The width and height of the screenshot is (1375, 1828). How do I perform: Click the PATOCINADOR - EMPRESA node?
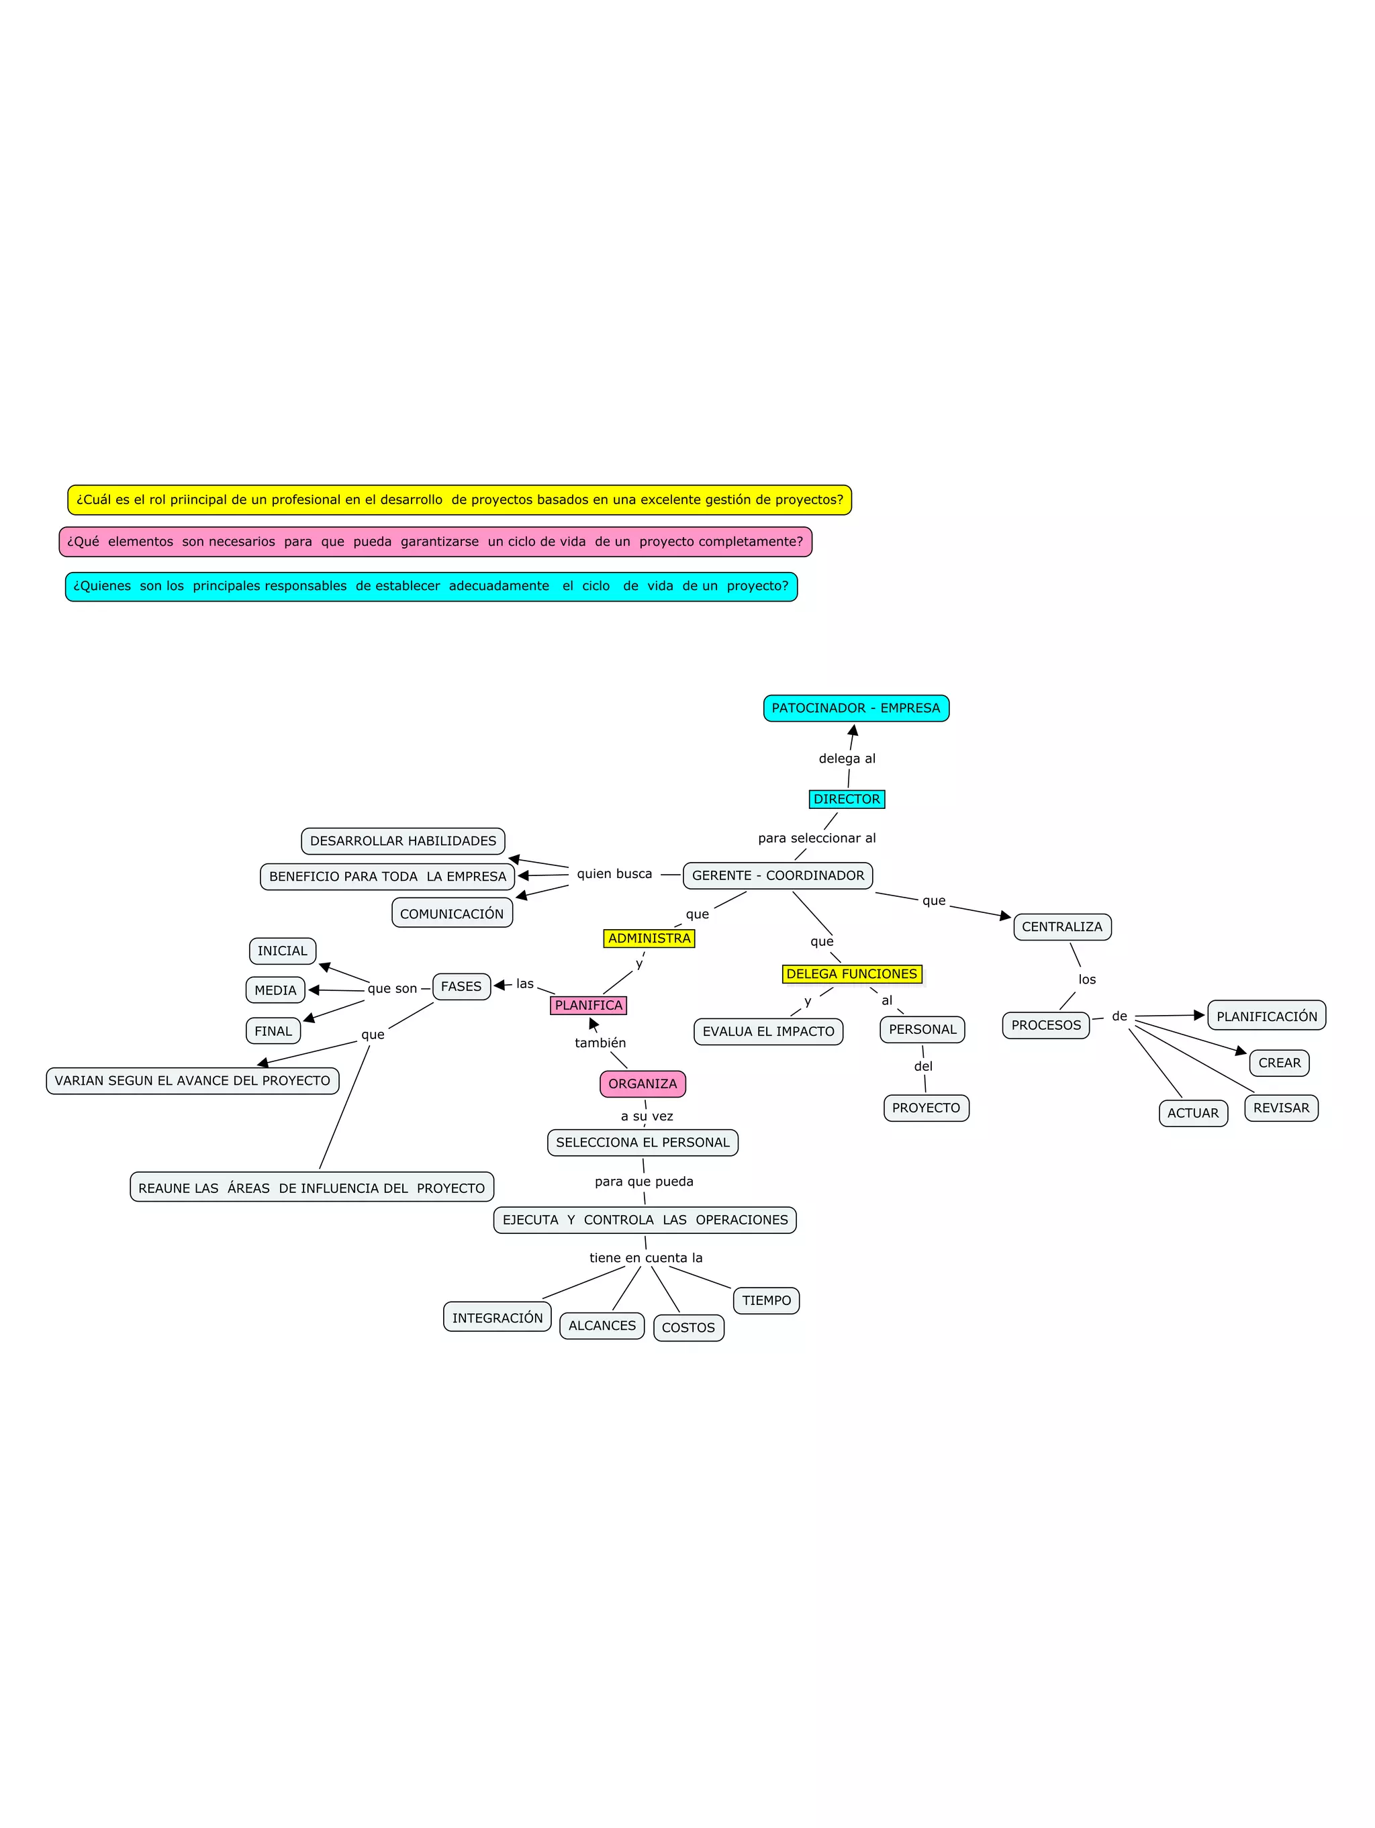pyautogui.click(x=855, y=708)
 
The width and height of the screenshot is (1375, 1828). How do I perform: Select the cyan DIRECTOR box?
pyautogui.click(x=846, y=799)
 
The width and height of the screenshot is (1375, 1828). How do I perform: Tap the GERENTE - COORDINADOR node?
pyautogui.click(x=777, y=875)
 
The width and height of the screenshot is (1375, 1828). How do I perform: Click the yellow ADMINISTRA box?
pyautogui.click(x=649, y=938)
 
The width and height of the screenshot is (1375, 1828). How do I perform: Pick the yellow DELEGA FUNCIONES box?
pyautogui.click(x=851, y=973)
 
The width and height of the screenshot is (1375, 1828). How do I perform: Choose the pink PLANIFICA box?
pyautogui.click(x=588, y=1005)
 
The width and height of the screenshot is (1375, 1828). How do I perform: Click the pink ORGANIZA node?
pyautogui.click(x=642, y=1084)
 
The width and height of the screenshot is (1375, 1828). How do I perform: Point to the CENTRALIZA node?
pyautogui.click(x=1062, y=926)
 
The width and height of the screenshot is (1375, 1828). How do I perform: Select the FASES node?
pyautogui.click(x=461, y=986)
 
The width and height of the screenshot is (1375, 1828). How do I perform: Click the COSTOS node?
pyautogui.click(x=688, y=1327)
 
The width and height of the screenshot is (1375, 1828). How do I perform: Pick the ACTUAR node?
pyautogui.click(x=1192, y=1112)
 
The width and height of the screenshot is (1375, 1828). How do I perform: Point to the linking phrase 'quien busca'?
pyautogui.click(x=614, y=873)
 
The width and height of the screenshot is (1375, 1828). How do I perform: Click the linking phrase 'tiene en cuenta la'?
pyautogui.click(x=645, y=1258)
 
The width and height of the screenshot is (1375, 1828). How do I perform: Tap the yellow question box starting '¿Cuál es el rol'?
pyautogui.click(x=459, y=500)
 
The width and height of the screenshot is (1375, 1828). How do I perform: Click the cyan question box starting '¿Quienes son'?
pyautogui.click(x=430, y=586)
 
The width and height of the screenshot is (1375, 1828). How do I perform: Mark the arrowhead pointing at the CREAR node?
pyautogui.click(x=1241, y=1051)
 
